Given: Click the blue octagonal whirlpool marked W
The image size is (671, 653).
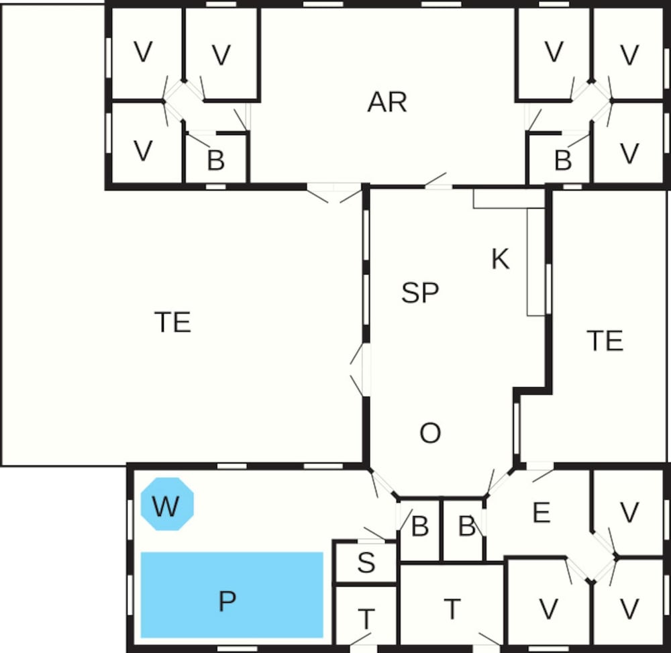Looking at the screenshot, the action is (x=167, y=504).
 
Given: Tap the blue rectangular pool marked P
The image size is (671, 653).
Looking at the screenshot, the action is (x=232, y=595).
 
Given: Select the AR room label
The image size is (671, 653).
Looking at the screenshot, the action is (x=387, y=102).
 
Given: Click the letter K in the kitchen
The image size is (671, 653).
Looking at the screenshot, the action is (x=501, y=258).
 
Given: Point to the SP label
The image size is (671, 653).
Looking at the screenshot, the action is (x=420, y=292).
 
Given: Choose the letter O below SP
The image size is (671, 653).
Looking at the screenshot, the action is (x=430, y=433).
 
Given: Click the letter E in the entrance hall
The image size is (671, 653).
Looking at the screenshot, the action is (x=541, y=512).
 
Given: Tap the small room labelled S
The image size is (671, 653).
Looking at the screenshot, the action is (x=366, y=562).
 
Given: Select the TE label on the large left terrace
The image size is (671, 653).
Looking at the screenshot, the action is (x=172, y=321).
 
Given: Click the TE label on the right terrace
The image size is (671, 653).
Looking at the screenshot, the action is (x=605, y=341).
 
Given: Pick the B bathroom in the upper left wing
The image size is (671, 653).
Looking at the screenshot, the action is (x=217, y=158).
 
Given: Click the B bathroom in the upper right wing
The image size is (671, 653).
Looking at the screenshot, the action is (x=560, y=158).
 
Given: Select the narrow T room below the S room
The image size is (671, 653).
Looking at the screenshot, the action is (x=366, y=615).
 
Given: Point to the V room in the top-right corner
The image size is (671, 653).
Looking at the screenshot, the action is (x=629, y=53).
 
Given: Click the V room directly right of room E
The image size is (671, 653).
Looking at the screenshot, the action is (x=629, y=512).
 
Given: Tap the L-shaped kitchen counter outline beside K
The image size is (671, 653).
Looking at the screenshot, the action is (x=509, y=252).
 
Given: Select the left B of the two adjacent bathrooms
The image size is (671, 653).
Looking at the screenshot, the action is (x=419, y=530).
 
